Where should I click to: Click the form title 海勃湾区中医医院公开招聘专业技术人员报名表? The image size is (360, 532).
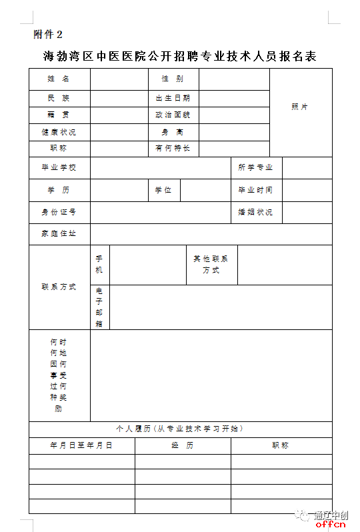[x=179, y=56]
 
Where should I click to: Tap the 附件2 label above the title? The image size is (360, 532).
[x=47, y=34]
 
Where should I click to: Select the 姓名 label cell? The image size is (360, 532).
[x=59, y=79]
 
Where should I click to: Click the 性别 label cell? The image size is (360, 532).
[x=173, y=79]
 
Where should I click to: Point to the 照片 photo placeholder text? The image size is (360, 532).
[x=300, y=107]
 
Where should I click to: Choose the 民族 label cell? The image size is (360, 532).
[x=59, y=98]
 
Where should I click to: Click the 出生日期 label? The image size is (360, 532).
[x=173, y=98]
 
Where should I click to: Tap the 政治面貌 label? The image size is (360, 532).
[x=173, y=115]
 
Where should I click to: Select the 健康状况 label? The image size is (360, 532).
[x=59, y=132]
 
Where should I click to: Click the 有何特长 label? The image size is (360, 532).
[x=173, y=148]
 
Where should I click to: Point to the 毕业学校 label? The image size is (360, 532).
[x=59, y=167]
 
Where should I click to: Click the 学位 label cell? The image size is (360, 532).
[x=163, y=190]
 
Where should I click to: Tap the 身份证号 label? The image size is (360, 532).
[x=59, y=212]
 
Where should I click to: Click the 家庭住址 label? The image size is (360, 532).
[x=59, y=234]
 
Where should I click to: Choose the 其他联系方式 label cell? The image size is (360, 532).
[x=211, y=265]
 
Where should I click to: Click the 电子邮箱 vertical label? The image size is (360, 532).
[x=99, y=307]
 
